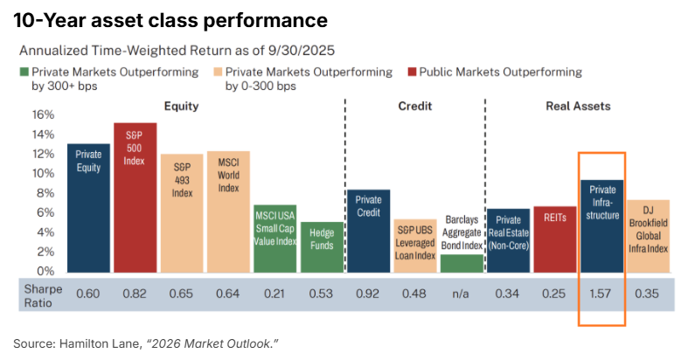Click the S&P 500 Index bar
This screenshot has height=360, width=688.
[x=136, y=197]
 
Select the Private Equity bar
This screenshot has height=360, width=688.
[x=88, y=208]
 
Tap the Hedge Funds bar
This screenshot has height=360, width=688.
[x=322, y=247]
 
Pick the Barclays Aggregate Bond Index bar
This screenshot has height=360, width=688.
[x=462, y=264]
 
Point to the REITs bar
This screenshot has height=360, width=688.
[x=555, y=239]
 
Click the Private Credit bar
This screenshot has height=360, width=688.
[x=369, y=231]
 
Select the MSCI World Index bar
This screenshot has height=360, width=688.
[x=228, y=212]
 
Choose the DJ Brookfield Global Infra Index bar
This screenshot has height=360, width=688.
[x=649, y=236]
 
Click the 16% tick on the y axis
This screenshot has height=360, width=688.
[x=43, y=114]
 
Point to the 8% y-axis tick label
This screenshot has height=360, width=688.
[x=45, y=193]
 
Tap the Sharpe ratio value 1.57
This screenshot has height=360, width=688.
[x=601, y=294]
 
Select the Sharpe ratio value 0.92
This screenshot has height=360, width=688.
[x=367, y=294]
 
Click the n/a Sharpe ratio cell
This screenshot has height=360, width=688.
[x=461, y=294]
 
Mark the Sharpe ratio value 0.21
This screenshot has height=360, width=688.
[x=275, y=294]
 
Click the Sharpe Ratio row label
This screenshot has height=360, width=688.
[x=43, y=296]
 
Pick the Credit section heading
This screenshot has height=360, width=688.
[x=415, y=106]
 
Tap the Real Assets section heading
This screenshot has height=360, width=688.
[x=579, y=106]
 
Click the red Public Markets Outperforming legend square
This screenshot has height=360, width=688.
[x=412, y=72]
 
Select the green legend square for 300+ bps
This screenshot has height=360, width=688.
[x=24, y=72]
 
